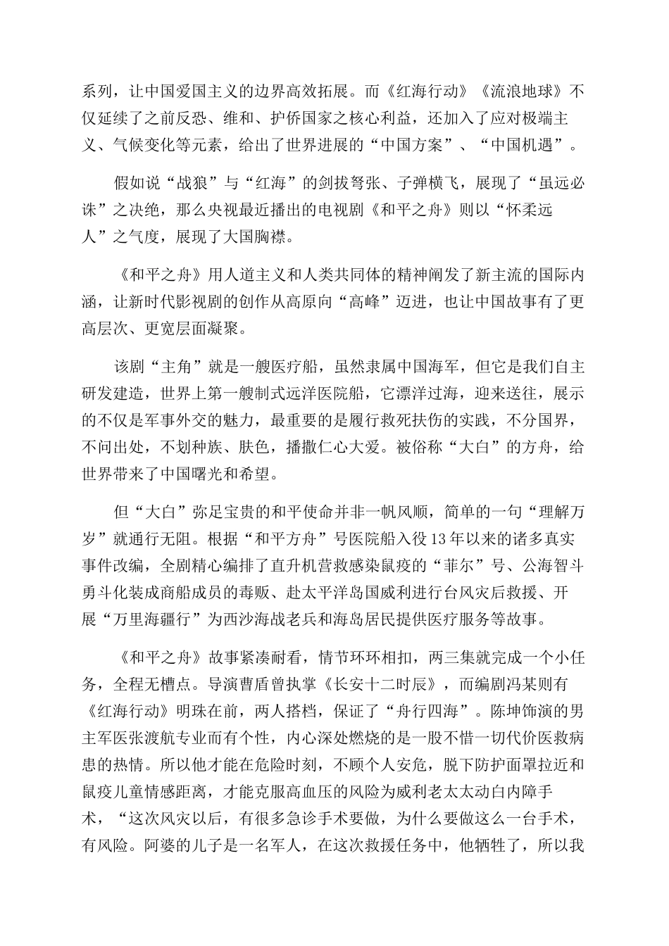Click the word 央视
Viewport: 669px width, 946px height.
pyautogui.click(x=252, y=210)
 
